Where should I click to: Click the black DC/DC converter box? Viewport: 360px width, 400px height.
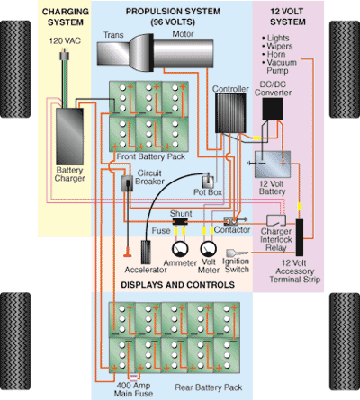[x=273, y=109]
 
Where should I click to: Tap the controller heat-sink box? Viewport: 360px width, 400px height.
[x=230, y=113]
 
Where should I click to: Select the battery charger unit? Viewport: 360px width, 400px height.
[x=70, y=137]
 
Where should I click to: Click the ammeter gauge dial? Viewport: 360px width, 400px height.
[x=180, y=249]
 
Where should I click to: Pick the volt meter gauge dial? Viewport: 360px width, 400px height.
[x=209, y=249]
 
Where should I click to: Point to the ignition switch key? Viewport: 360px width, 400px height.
[x=237, y=253]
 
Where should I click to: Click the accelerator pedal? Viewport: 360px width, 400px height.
[x=146, y=252]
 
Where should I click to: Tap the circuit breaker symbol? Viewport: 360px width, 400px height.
[x=127, y=183]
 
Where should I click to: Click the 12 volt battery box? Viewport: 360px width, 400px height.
[x=273, y=164]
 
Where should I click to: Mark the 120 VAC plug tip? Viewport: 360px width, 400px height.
[x=64, y=56]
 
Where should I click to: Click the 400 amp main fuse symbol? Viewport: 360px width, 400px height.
[x=134, y=378]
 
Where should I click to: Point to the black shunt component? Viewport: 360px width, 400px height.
[x=180, y=221]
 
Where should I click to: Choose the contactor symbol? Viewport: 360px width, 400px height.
[x=231, y=221]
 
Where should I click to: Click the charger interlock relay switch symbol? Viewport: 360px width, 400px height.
[x=276, y=220]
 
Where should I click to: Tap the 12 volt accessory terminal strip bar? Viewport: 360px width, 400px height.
[x=300, y=237]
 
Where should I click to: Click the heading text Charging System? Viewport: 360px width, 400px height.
[x=66, y=17]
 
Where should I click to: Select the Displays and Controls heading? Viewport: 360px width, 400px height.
[x=177, y=284]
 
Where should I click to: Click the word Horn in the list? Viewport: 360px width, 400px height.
[x=276, y=54]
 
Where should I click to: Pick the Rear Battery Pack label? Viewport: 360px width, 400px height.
[x=209, y=387]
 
